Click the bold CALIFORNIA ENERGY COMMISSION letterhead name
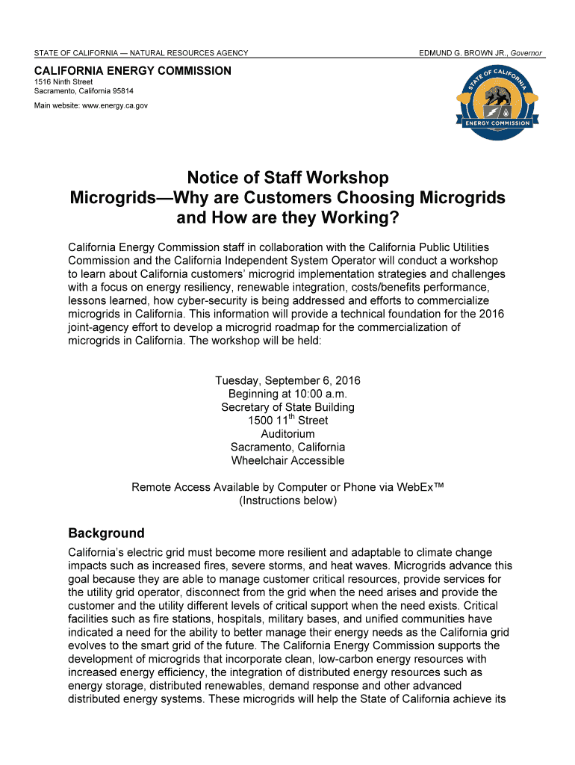pos(133,71)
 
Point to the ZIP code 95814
pos(119,91)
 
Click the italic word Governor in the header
pos(526,53)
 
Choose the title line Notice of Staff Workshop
pos(287,178)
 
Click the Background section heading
pos(106,533)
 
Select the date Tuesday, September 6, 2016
pos(287,381)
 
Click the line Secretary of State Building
pos(287,407)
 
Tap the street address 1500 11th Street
pos(287,421)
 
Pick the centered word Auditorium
pos(287,434)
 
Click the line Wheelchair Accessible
pos(287,460)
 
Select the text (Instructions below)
pos(287,501)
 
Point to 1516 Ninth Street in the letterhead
pos(63,81)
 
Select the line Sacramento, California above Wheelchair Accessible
pos(287,447)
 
